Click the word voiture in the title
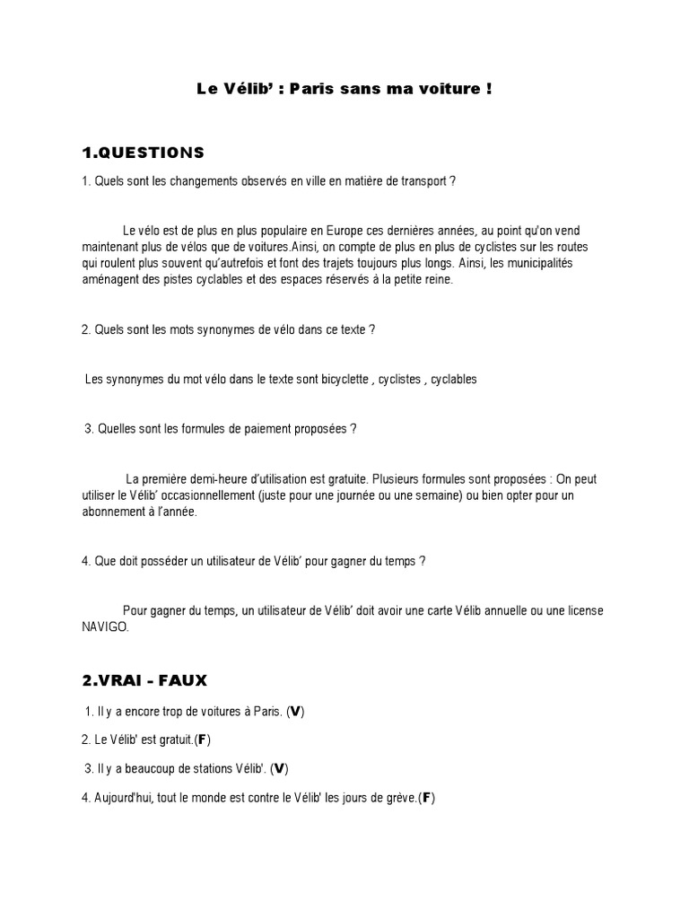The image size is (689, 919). pos(450,90)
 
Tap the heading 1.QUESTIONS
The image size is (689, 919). pos(144,152)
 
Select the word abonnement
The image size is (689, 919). pos(114,512)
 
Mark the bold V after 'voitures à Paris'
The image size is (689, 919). pos(296,713)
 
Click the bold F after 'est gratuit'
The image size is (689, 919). pos(203,740)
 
